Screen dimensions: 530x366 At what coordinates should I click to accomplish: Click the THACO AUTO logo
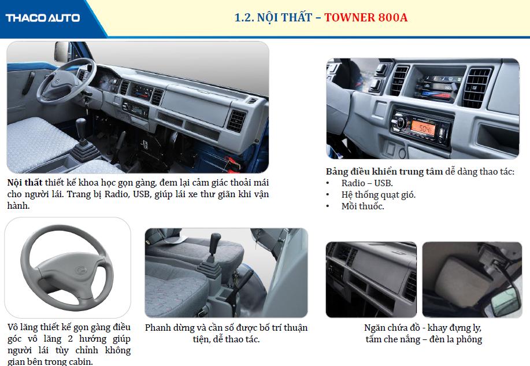[43, 17]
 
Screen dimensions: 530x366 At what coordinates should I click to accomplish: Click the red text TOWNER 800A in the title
[366, 17]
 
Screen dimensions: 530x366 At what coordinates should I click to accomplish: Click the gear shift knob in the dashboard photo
[81, 124]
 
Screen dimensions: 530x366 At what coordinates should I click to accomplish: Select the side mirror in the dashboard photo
[61, 51]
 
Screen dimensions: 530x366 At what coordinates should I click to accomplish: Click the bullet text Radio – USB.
[367, 183]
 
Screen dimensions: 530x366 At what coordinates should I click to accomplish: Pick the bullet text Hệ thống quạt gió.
[379, 195]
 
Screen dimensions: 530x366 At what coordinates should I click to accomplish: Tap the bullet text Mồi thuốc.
[363, 206]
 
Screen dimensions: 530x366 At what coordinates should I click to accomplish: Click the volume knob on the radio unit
[400, 122]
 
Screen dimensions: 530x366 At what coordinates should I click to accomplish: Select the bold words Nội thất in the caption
[25, 183]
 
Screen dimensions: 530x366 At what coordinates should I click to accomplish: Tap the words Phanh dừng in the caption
[164, 328]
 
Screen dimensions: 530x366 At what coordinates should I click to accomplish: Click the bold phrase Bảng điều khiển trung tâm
[384, 172]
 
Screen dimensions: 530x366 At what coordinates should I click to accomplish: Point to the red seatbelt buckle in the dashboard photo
[231, 161]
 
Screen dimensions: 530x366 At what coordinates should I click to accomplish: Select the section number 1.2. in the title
[244, 17]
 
